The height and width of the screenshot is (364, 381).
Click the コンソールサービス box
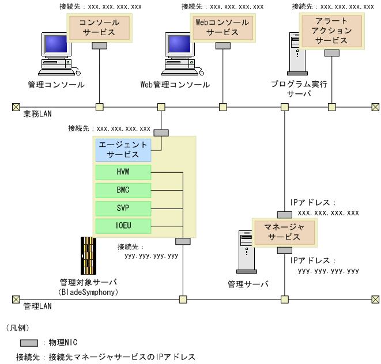tap(99, 28)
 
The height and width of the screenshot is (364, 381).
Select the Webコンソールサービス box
tap(222, 28)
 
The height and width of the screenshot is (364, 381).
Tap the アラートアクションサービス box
tap(331, 31)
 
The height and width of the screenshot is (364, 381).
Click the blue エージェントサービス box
tap(123, 150)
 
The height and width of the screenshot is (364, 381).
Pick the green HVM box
tap(123, 172)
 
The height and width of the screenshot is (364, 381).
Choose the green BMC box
tap(123, 189)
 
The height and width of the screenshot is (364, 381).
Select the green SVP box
tap(123, 207)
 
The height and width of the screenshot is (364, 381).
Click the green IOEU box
tap(123, 225)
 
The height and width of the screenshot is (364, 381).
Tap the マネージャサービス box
tap(284, 232)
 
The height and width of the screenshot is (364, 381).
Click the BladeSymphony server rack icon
tap(88, 256)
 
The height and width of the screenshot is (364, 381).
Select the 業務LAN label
tap(37, 114)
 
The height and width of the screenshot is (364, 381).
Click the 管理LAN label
tap(37, 306)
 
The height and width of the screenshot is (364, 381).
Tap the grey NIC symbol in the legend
tap(29, 343)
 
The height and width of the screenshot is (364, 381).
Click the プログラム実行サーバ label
tap(299, 88)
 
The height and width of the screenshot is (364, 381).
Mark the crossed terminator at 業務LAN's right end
tap(375, 107)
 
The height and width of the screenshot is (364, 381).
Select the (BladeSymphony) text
tap(88, 292)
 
